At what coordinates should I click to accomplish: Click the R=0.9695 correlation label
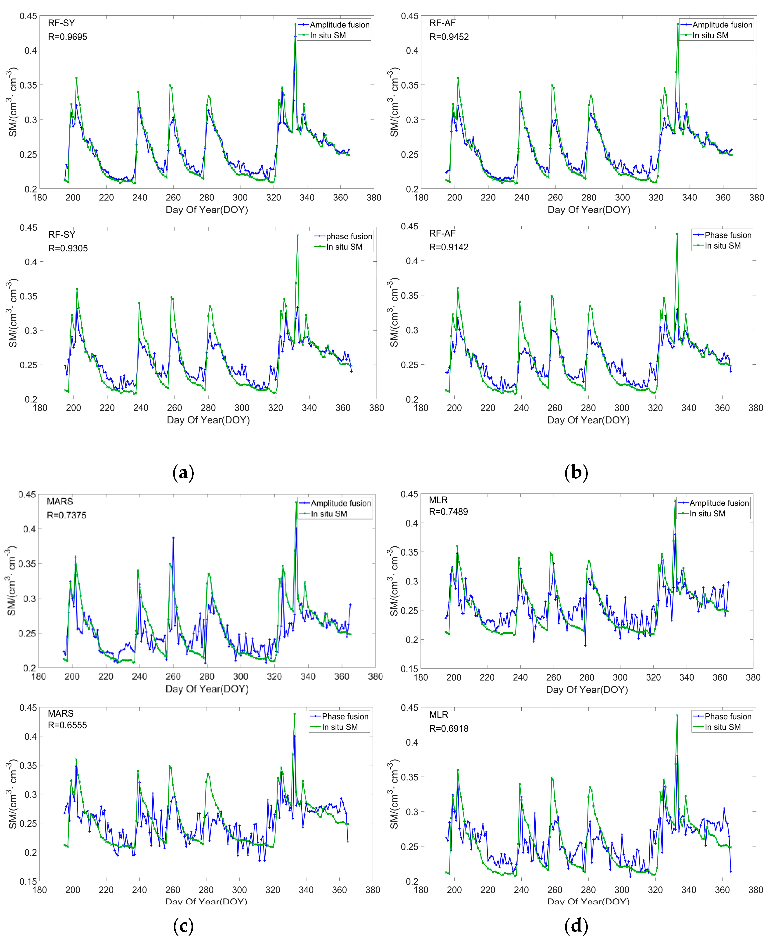68,37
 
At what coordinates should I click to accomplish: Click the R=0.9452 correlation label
449,37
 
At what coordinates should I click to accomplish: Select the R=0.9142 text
449,247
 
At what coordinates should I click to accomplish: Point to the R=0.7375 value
67,515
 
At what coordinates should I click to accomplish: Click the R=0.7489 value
448,512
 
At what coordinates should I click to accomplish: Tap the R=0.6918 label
449,729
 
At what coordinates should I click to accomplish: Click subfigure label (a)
183,472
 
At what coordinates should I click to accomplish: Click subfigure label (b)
576,472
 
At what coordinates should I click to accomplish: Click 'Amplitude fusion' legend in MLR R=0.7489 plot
719,503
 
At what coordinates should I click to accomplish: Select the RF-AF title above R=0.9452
442,23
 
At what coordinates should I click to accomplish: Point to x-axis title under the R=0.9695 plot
206,210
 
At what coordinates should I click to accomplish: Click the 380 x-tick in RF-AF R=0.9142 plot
755,408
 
